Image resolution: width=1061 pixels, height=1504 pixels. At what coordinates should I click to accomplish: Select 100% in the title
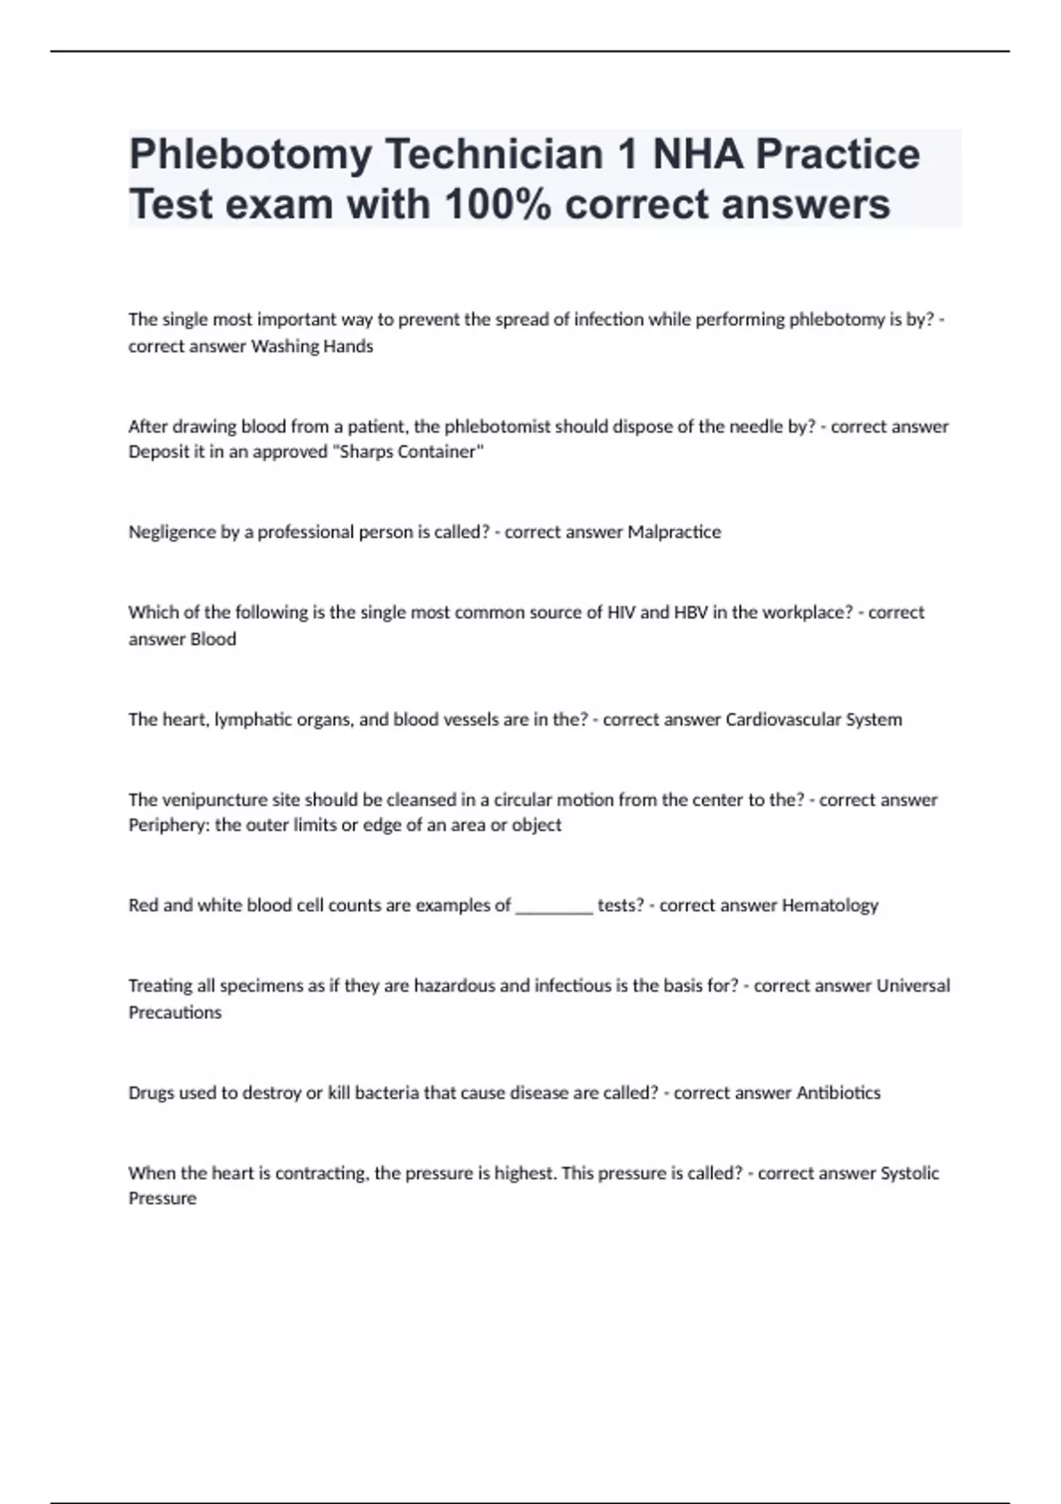(498, 205)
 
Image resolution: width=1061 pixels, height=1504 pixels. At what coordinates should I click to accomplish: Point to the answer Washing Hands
(312, 347)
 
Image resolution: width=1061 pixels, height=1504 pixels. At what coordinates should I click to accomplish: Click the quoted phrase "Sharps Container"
(412, 452)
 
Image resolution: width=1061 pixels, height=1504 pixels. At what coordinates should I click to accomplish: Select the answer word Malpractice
(674, 533)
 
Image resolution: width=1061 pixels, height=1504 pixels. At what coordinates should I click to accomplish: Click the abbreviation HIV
(622, 612)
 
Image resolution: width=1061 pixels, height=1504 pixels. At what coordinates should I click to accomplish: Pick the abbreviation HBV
(691, 612)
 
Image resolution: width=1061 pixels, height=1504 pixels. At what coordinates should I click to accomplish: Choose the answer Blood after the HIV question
(214, 640)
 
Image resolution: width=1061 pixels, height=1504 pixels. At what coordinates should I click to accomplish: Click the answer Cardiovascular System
(813, 720)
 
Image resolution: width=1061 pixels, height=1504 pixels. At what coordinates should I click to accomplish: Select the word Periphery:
(169, 825)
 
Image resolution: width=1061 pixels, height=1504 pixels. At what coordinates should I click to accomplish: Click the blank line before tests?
(553, 906)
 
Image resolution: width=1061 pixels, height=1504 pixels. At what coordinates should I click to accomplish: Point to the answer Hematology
(830, 906)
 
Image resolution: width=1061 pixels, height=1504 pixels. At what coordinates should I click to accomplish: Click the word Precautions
(175, 1013)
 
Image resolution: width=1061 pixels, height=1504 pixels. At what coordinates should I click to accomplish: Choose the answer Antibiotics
(838, 1093)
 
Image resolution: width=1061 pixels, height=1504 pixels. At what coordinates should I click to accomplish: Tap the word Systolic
(911, 1173)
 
